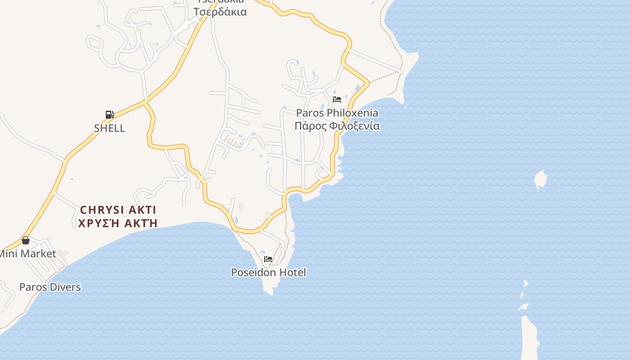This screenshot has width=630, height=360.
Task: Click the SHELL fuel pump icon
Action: point(109,114)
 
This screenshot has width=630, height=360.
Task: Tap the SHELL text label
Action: point(109,128)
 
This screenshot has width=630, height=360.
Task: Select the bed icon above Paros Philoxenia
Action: point(337,99)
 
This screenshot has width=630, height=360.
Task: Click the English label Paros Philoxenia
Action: point(337,113)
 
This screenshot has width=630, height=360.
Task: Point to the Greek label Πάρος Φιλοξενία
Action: point(337,126)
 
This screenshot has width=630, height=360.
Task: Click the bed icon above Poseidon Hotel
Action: point(268,259)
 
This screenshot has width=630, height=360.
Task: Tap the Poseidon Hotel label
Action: point(268,272)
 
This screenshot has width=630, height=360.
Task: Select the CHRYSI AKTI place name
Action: point(118,210)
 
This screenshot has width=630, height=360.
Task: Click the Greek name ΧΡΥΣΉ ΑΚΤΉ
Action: point(118,223)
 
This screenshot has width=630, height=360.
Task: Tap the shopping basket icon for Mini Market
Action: point(26,240)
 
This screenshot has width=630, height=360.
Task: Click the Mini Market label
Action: point(27,254)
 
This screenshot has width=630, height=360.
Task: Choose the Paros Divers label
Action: point(50,287)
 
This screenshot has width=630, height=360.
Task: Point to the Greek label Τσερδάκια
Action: point(220,12)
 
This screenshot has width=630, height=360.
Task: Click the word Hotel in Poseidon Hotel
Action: point(292,272)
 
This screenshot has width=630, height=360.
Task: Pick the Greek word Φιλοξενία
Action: point(354,126)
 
